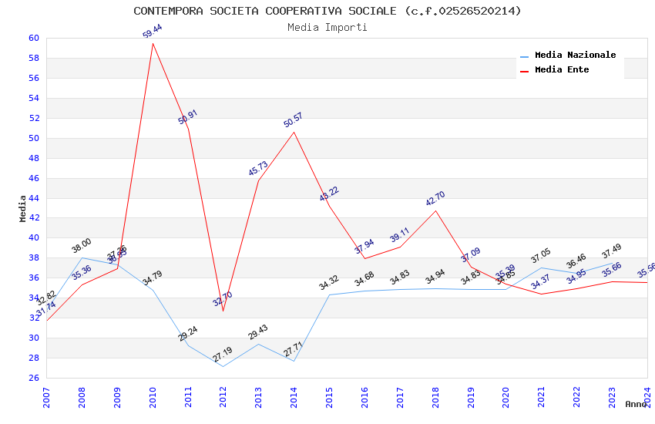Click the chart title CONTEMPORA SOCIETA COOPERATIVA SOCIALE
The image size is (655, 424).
click(x=327, y=11)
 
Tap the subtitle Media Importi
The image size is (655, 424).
click(x=327, y=27)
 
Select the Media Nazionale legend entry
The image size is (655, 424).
click(x=575, y=56)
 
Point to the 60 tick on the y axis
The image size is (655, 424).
click(x=33, y=39)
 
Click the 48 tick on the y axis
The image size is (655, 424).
click(x=33, y=159)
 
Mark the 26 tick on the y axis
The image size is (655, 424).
click(x=33, y=379)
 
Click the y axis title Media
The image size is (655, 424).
click(x=23, y=208)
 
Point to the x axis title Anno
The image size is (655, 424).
click(x=636, y=404)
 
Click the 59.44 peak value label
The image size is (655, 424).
click(x=153, y=31)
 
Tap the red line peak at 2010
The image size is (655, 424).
click(x=153, y=43)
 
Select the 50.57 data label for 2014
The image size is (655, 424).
click(x=293, y=120)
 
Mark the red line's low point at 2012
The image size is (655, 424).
click(x=223, y=311)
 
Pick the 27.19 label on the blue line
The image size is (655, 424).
click(x=222, y=355)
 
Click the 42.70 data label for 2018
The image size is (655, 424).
click(x=435, y=199)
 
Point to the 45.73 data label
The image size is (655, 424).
click(x=258, y=169)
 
